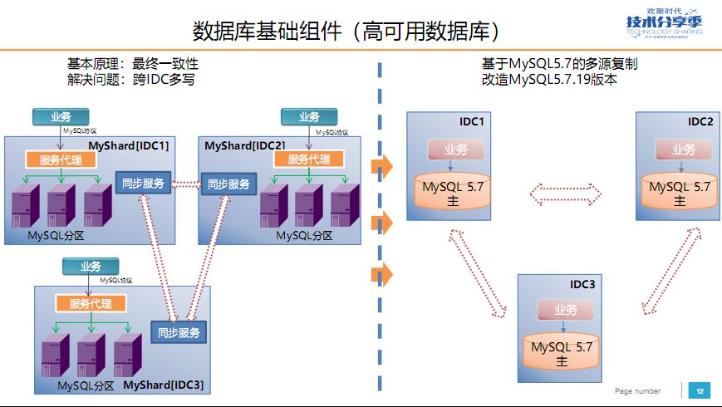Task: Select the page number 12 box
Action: (700, 390)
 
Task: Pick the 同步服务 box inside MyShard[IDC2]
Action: (228, 184)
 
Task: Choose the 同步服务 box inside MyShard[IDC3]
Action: (179, 332)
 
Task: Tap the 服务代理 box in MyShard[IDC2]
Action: (308, 159)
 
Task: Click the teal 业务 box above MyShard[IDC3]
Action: (91, 267)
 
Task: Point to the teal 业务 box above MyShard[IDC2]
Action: (309, 117)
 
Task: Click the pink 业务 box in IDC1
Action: (455, 150)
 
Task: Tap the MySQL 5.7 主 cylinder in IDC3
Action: (562, 351)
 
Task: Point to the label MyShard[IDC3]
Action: (163, 385)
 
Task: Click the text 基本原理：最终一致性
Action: (133, 64)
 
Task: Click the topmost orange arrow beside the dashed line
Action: (381, 166)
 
